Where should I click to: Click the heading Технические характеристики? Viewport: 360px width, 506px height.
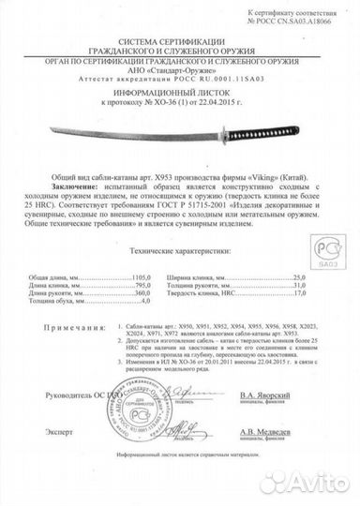pyautogui.click(x=175, y=255)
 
